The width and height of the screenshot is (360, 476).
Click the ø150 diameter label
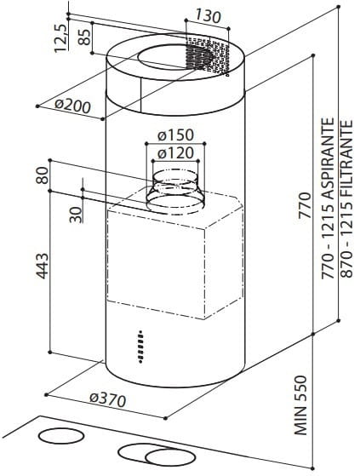[x=176, y=135]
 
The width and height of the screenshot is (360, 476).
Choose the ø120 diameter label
[x=176, y=153]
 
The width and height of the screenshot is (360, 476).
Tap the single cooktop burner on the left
[x=60, y=436]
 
